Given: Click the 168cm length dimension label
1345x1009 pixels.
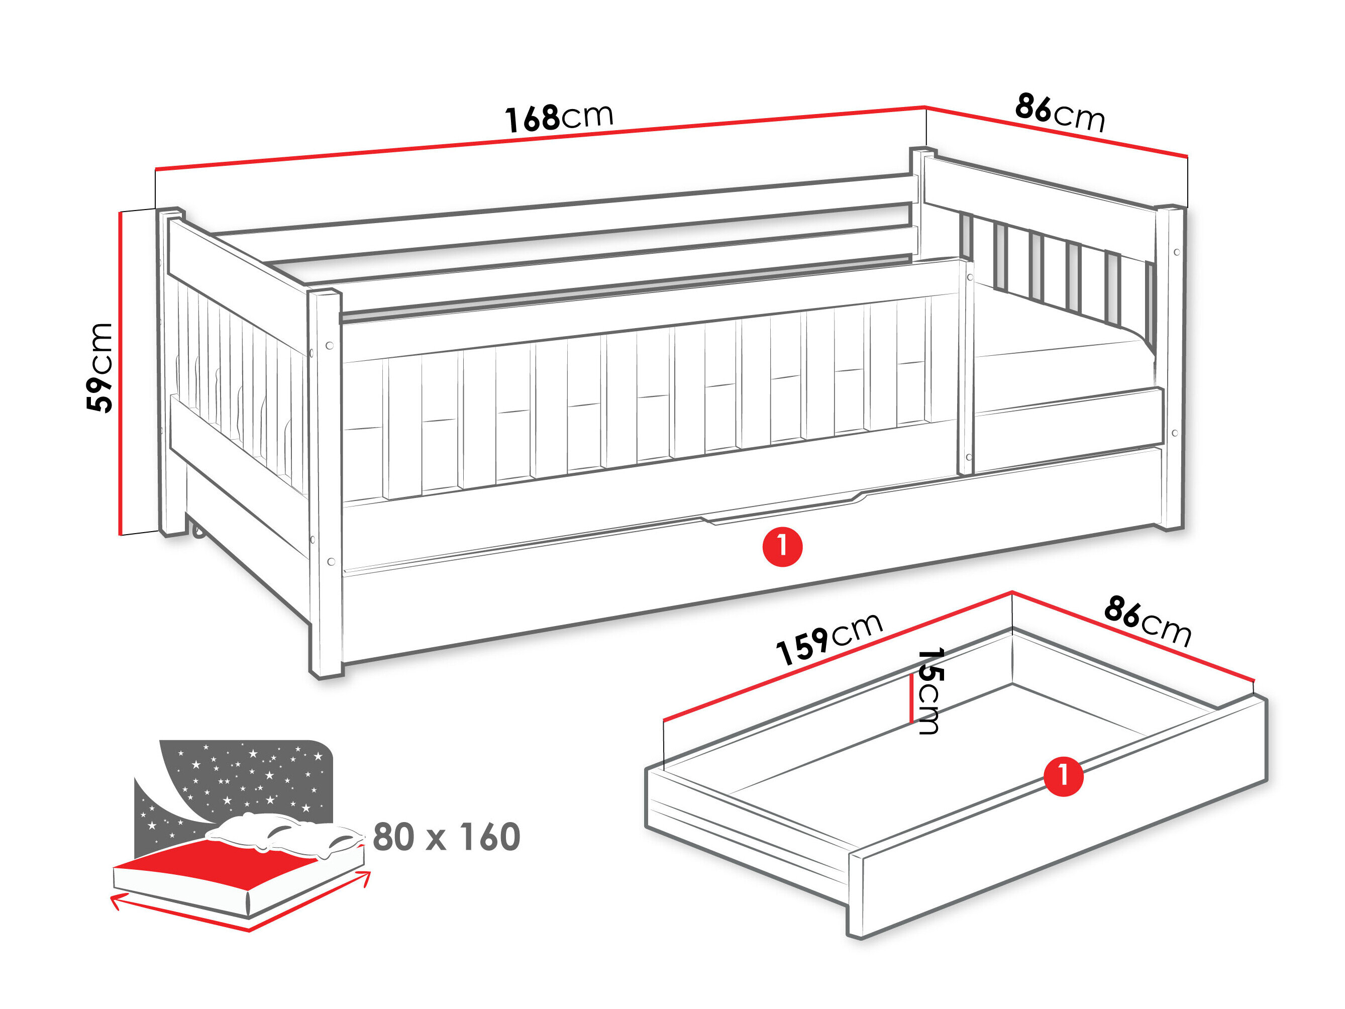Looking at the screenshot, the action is coord(559,118).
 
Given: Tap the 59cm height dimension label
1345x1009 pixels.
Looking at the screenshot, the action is coord(99,368).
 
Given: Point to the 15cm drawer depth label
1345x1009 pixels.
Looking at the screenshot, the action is coord(930,691).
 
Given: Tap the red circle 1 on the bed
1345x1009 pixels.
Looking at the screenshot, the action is coord(783,547).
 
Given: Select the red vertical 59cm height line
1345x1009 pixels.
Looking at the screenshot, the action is coord(121,373).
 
